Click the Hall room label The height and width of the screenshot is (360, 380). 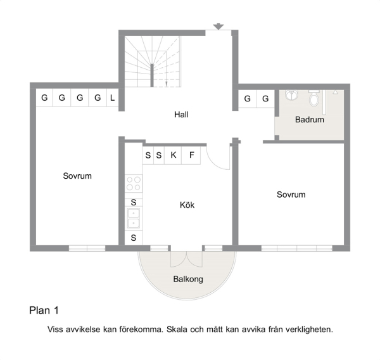coord(181,115)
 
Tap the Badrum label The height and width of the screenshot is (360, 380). coord(310,120)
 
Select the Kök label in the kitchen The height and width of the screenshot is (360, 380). coord(187,205)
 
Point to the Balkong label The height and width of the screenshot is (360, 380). coord(188,279)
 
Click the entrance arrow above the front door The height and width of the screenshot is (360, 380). coord(218,26)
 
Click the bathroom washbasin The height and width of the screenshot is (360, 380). coord(291,94)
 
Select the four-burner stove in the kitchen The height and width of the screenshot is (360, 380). coord(134,183)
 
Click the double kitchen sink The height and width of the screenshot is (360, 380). coord(134,219)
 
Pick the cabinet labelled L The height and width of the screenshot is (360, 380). coord(113,98)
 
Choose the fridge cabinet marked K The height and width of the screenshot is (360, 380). coord(173,155)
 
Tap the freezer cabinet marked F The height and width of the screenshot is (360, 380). coord(191,155)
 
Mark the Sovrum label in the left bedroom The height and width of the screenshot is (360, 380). coord(77,176)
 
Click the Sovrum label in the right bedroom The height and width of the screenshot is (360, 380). coord(291,195)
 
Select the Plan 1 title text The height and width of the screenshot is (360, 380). coord(44,311)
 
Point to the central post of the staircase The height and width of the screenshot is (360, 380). coord(152,75)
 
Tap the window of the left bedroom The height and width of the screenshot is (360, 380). coord(87,248)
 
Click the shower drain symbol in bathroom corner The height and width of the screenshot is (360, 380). coord(335,92)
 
